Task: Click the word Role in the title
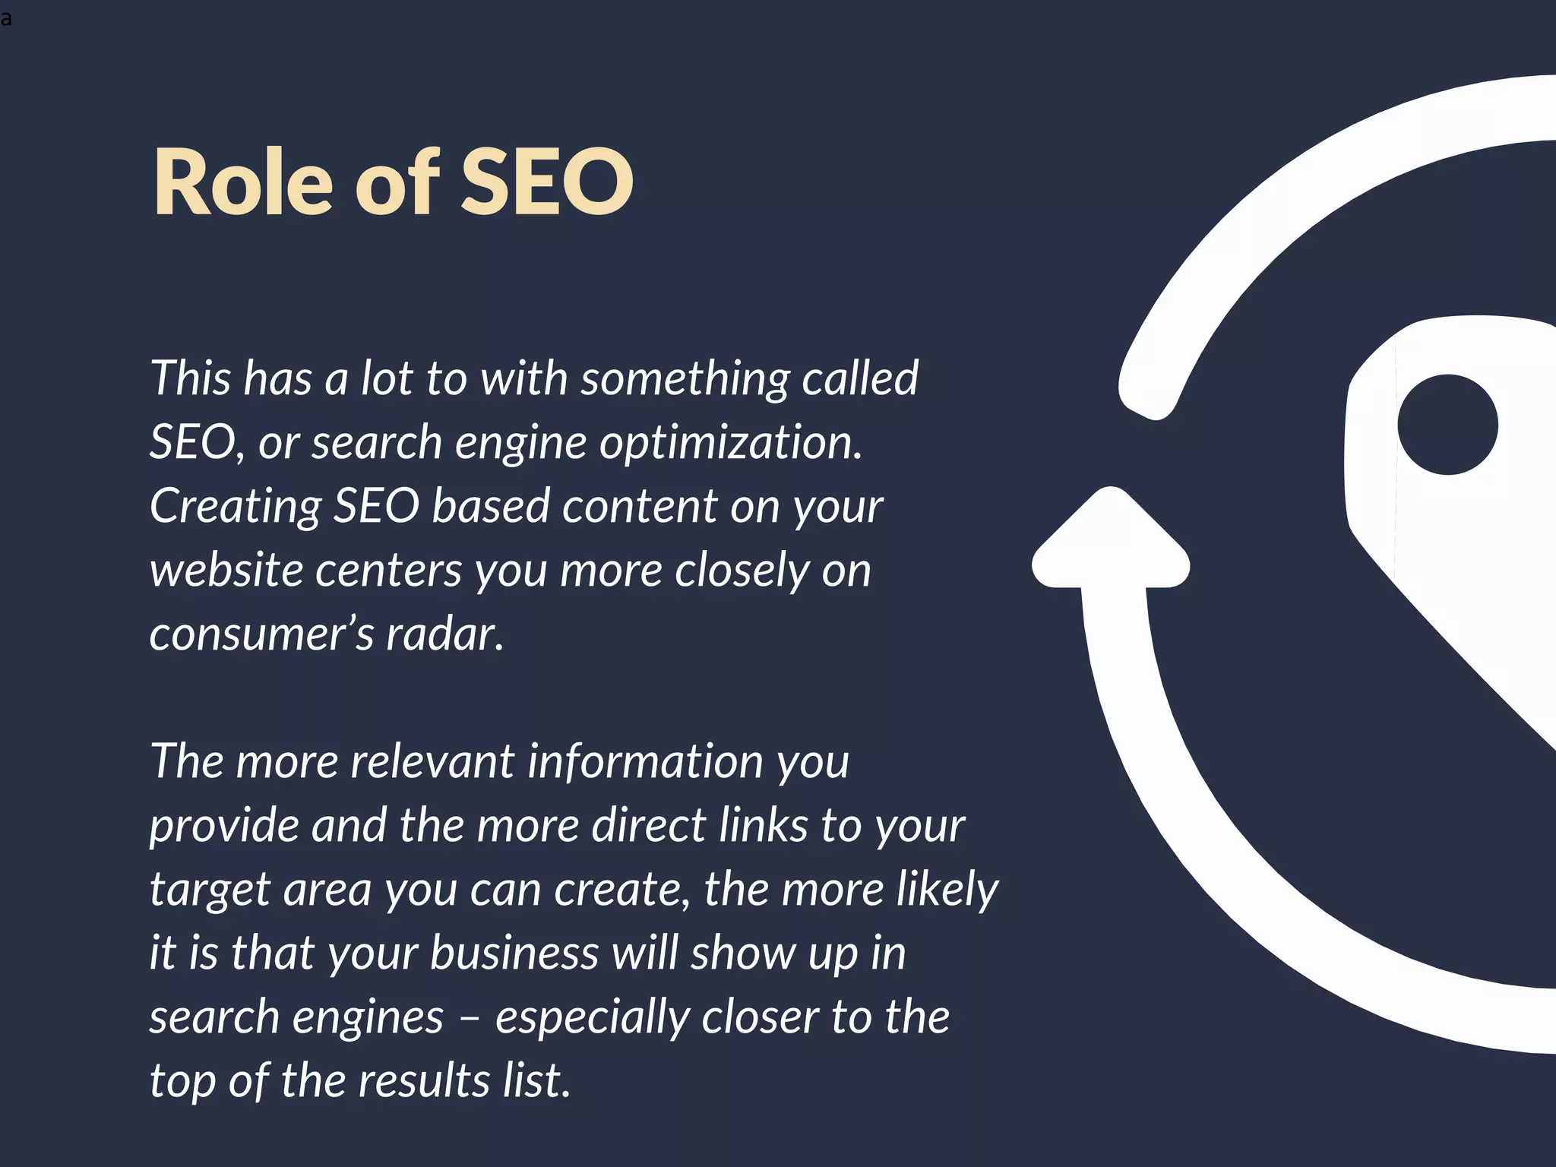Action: pyautogui.click(x=243, y=182)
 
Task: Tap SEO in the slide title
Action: pyautogui.click(x=547, y=182)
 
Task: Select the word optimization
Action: pyautogui.click(x=731, y=442)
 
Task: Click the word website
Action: pyautogui.click(x=226, y=570)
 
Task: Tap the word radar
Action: pyautogui.click(x=444, y=634)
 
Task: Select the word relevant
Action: pyautogui.click(x=432, y=761)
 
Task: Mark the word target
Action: pyautogui.click(x=210, y=890)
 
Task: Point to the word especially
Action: pyautogui.click(x=593, y=1017)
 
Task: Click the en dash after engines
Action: pyautogui.click(x=470, y=1018)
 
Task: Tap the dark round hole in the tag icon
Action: pyautogui.click(x=1447, y=425)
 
